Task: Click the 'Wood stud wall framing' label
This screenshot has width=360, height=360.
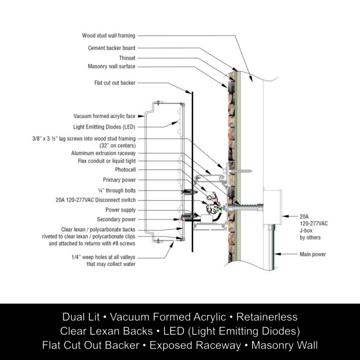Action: pyautogui.click(x=108, y=36)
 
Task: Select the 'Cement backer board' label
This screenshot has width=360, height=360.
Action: pyautogui.click(x=112, y=48)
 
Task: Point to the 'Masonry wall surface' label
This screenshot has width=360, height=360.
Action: pyautogui.click(x=112, y=67)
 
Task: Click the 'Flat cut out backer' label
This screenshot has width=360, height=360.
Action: pyautogui.click(x=114, y=83)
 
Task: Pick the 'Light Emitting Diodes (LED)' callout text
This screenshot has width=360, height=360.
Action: pyautogui.click(x=104, y=127)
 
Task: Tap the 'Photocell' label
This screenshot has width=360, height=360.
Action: pyautogui.click(x=125, y=170)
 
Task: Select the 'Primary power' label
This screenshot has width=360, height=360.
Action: pyautogui.click(x=119, y=180)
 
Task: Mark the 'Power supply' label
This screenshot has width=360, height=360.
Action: pyautogui.click(x=120, y=210)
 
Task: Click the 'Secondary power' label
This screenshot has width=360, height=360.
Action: pyautogui.click(x=116, y=219)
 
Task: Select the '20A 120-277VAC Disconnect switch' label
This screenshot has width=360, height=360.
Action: pyautogui.click(x=96, y=199)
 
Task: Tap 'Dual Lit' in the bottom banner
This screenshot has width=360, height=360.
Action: pyautogui.click(x=82, y=317)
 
